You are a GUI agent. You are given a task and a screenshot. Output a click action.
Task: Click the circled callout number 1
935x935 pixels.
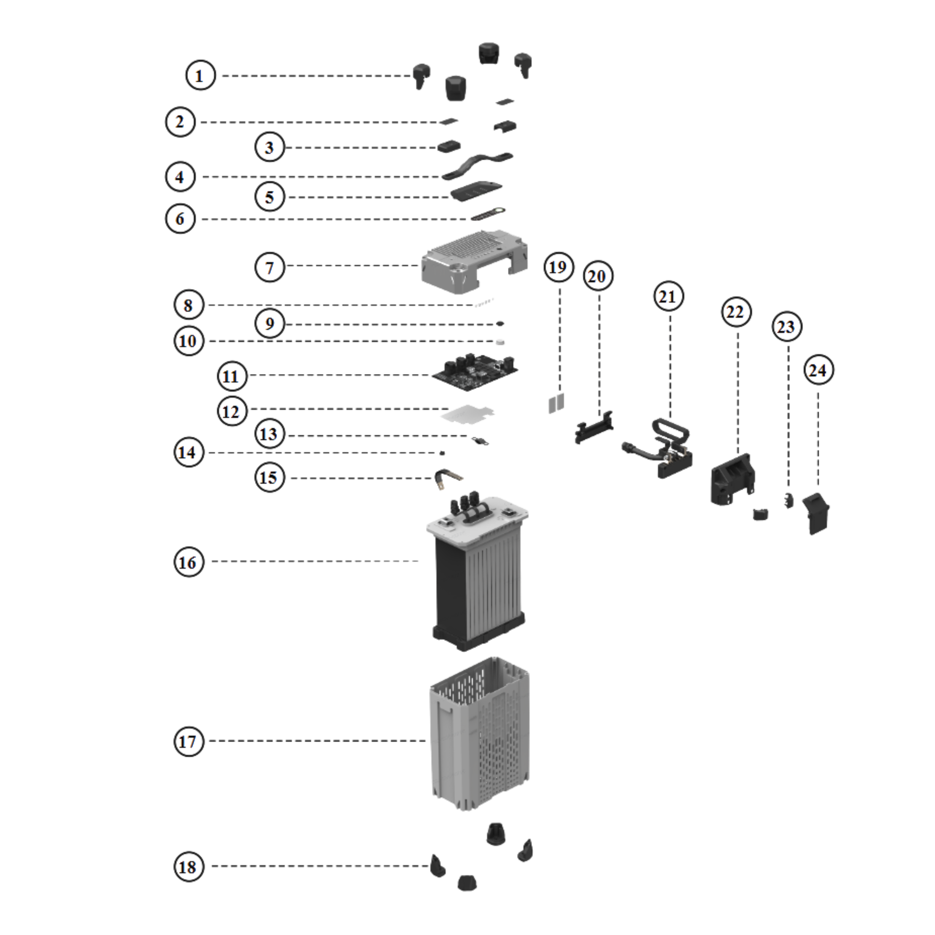coord(200,75)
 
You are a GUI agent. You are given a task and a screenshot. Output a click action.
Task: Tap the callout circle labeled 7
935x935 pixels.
coord(269,267)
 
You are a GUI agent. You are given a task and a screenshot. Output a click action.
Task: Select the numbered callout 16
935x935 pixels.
coord(188,562)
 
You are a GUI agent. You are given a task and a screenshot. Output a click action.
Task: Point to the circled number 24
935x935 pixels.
coord(818,370)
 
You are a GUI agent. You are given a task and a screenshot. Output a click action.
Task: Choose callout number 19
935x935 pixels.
coord(558,267)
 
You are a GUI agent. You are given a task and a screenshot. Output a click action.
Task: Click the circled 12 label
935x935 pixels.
coord(231,411)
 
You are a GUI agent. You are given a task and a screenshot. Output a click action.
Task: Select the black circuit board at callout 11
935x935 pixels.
coord(475,373)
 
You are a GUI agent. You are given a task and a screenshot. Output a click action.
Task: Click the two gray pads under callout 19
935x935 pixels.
coord(556,403)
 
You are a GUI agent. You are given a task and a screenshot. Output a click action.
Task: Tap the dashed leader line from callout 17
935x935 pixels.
coord(317,741)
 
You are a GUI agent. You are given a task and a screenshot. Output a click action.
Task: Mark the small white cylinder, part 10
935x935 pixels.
coord(500,342)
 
